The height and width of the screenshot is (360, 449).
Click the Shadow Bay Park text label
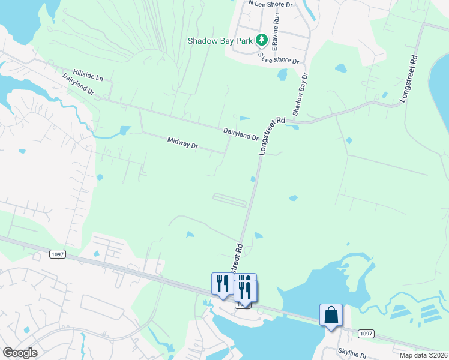(x=220, y=41)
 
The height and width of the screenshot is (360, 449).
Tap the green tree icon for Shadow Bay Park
(x=261, y=40)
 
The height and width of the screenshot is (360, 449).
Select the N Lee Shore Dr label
(x=270, y=4)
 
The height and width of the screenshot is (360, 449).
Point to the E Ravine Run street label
(x=276, y=37)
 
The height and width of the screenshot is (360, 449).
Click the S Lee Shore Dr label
(x=279, y=58)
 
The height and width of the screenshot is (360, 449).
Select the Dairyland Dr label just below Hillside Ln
(x=79, y=86)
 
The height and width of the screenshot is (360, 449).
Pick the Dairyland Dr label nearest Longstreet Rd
(x=241, y=133)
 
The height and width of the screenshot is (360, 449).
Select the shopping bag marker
(x=331, y=314)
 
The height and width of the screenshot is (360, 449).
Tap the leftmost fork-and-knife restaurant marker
(x=221, y=283)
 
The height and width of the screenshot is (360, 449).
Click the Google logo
(x=19, y=353)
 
